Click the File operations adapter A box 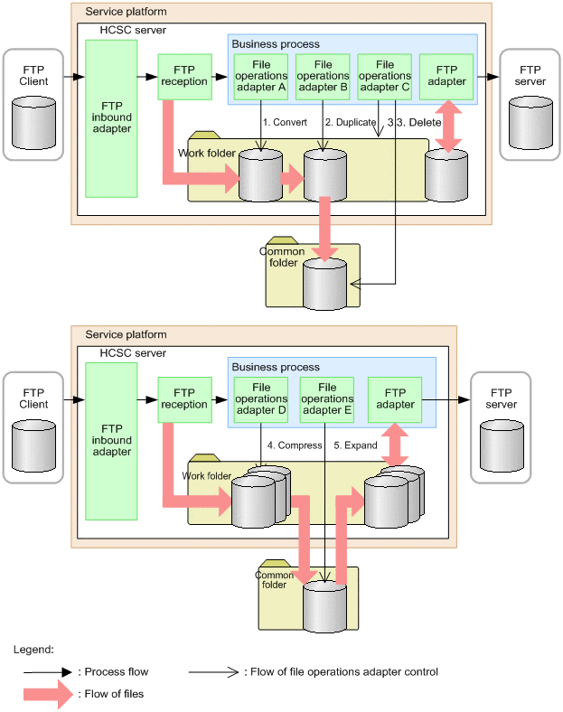pyautogui.click(x=260, y=76)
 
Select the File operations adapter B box pyautogui.click(x=323, y=76)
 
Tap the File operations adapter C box pyautogui.click(x=384, y=76)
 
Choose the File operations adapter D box pyautogui.click(x=260, y=398)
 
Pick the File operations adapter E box pyautogui.click(x=326, y=398)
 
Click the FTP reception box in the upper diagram pyautogui.click(x=183, y=76)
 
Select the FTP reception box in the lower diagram pyautogui.click(x=183, y=398)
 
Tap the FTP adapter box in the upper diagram pyautogui.click(x=446, y=76)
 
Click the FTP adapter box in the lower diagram pyautogui.click(x=396, y=398)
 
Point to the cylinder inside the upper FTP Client pyautogui.click(x=33, y=122)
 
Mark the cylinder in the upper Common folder pyautogui.click(x=324, y=284)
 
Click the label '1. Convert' pyautogui.click(x=285, y=121)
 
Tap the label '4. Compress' pyautogui.click(x=295, y=445)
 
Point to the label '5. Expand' pyautogui.click(x=355, y=445)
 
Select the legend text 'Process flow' pyautogui.click(x=116, y=672)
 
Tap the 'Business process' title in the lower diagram pyautogui.click(x=276, y=367)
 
